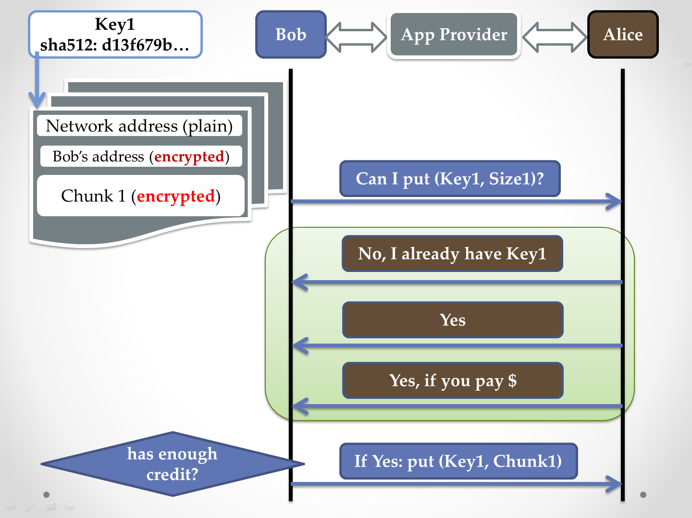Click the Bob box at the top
coord(291,35)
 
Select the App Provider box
coord(454,35)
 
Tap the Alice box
coord(623,35)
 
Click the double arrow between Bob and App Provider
coord(356,37)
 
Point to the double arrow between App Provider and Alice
coord(555,37)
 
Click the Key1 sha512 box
coord(115,35)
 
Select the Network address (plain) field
coord(139,126)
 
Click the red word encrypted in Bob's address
coord(189,157)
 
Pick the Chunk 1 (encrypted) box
coord(141,196)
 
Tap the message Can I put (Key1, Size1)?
coord(450,179)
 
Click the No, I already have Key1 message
coord(452,254)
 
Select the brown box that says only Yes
coord(453,320)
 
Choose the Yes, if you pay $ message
coord(453,381)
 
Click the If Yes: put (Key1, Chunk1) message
coord(458,461)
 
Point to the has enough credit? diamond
coord(172,464)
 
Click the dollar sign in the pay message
coord(512,381)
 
